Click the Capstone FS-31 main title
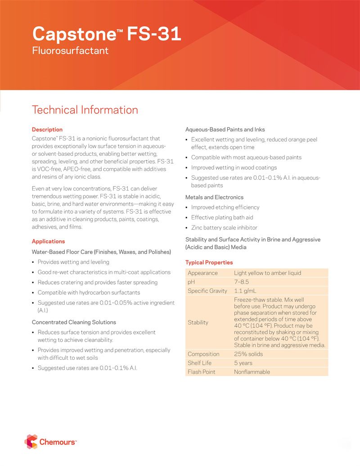pos(107,34)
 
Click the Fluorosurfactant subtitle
pos(70,50)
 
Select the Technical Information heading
pos(85,110)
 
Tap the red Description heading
pos(47,130)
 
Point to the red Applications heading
pos(48,241)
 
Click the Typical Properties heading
pos(209,262)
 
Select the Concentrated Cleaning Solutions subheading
pos(74,322)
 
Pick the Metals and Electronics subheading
pos(214,197)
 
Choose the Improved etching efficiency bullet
pos(225,208)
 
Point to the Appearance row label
pos(202,273)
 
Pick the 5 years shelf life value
pos(243,363)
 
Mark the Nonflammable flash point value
pos(252,372)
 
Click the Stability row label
pos(198,323)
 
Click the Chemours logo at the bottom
pos(50,443)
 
